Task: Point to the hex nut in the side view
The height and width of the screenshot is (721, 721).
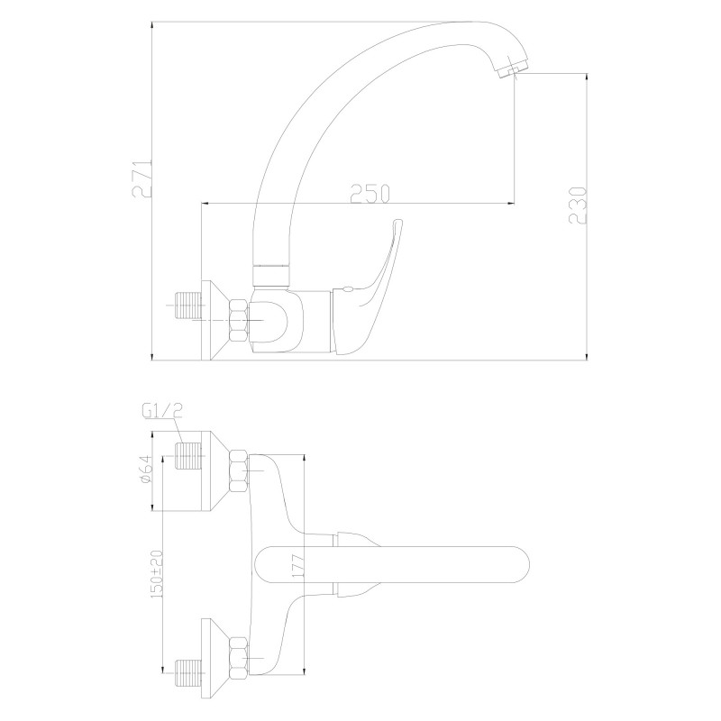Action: click(x=239, y=320)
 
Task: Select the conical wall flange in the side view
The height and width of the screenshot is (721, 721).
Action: click(x=217, y=320)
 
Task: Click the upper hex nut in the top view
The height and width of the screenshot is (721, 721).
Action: click(x=239, y=471)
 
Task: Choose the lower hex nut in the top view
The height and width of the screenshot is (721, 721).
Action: click(x=239, y=656)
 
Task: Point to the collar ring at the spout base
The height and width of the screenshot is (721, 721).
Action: click(x=273, y=267)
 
